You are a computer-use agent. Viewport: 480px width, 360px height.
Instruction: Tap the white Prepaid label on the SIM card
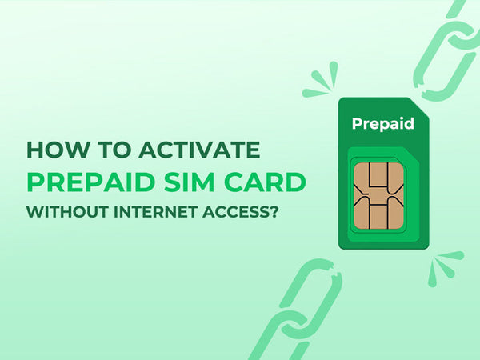(x=382, y=124)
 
